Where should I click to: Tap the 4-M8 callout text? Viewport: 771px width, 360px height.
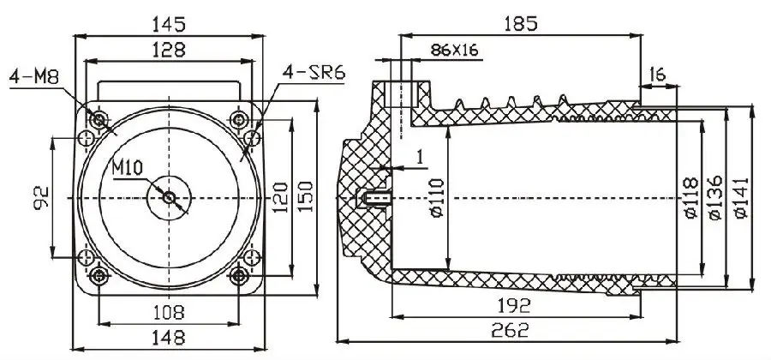pos(30,77)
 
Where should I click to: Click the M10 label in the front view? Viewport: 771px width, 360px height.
pos(128,166)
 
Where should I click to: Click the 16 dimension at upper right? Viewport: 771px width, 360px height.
pos(659,75)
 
